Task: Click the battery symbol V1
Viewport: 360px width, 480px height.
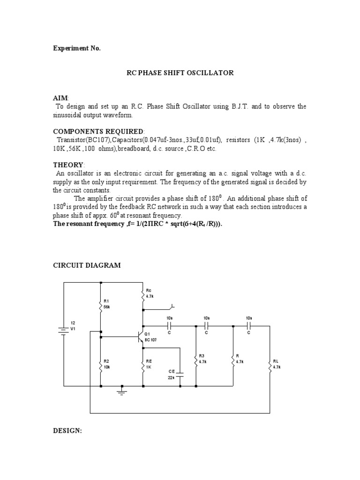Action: pos(64,330)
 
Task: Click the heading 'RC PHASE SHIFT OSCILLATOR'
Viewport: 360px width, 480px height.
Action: pos(180,73)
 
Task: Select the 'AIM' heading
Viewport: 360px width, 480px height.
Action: pos(60,97)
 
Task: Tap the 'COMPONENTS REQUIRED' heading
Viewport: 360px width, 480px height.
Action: pos(98,131)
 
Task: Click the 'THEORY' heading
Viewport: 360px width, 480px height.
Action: pos(67,165)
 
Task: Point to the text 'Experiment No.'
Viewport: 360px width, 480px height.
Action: pos(76,48)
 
